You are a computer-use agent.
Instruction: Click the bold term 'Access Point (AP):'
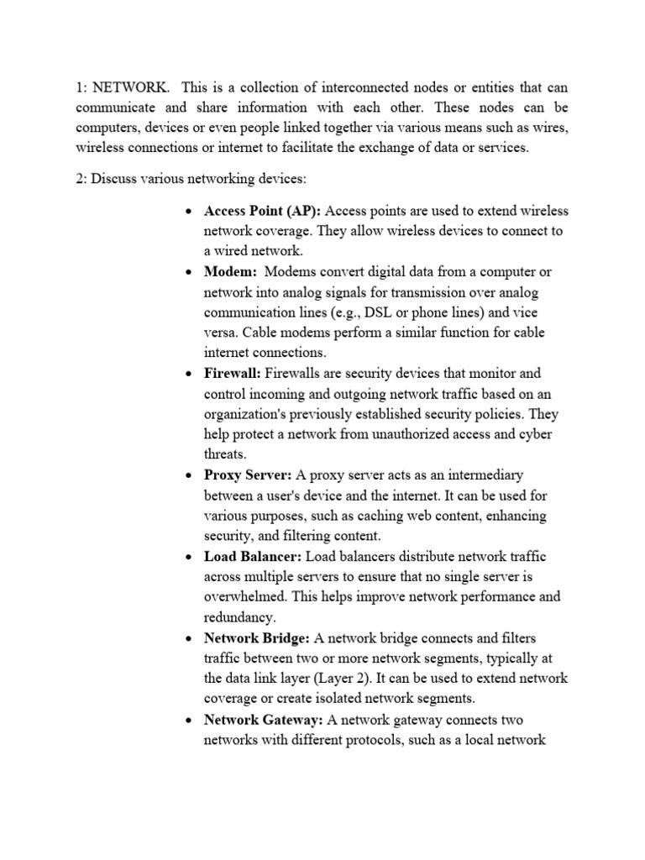tap(262, 211)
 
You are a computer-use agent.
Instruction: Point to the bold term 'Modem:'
tap(230, 271)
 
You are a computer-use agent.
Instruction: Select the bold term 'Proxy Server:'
tap(248, 475)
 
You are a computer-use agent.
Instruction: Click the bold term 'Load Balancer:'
tap(253, 556)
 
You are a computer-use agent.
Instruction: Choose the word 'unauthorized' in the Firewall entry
tap(409, 434)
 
